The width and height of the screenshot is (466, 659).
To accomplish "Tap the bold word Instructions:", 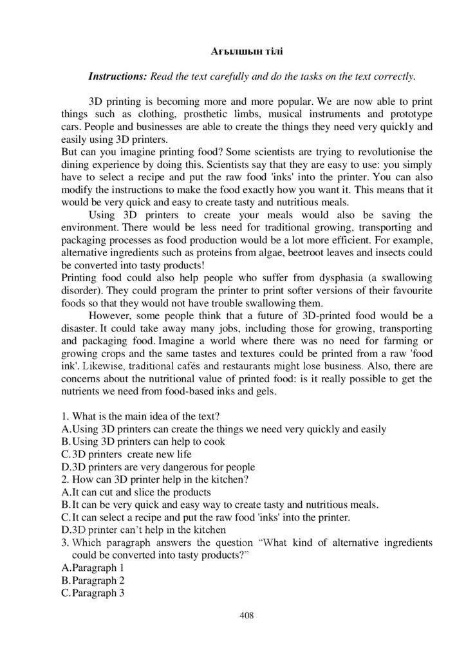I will click(118, 77).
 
